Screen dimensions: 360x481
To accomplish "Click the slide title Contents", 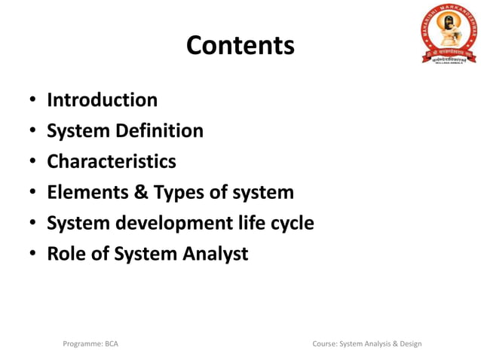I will [240, 45].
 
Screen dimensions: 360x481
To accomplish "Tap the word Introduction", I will [102, 100].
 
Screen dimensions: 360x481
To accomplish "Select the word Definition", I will [159, 131].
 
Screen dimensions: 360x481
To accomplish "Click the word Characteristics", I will [111, 162].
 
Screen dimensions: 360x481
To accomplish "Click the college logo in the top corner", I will [448, 32].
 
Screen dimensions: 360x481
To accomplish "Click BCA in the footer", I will [111, 344].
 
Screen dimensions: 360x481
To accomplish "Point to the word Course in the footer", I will [324, 344].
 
